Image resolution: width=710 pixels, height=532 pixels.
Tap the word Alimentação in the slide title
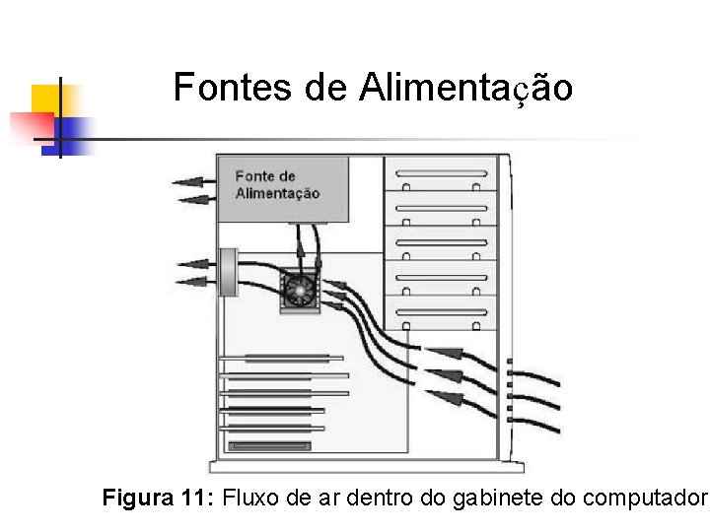point(465,88)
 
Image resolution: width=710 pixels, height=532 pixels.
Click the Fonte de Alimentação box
point(283,188)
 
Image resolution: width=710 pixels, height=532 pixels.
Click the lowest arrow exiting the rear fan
point(190,283)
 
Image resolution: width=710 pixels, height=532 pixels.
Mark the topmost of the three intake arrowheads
point(447,352)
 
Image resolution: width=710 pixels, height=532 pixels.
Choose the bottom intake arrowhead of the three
point(446,397)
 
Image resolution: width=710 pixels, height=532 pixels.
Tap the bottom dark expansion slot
point(269,446)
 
